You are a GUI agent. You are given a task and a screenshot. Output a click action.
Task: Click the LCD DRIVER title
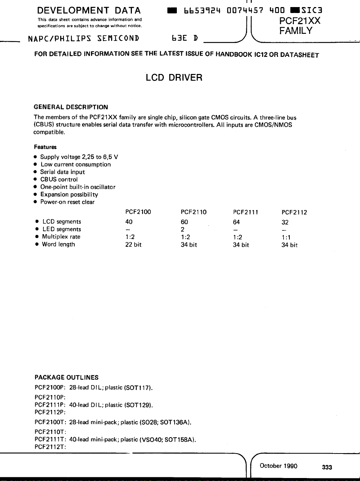[x=174, y=78]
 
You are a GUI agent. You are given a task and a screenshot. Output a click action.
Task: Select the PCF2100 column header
[x=138, y=212]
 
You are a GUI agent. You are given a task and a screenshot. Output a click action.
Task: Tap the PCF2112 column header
[x=294, y=213]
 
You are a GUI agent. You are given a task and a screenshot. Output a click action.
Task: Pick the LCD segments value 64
[x=236, y=222]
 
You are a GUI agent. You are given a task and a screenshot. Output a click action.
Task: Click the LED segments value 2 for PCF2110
[x=182, y=229]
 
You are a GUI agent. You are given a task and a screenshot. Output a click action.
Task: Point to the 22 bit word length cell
[x=133, y=245]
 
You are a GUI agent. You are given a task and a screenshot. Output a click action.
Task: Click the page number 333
[x=327, y=467]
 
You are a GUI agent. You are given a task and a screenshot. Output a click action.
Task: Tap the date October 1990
[x=279, y=466]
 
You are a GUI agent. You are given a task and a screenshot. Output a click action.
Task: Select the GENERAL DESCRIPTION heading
[x=71, y=107]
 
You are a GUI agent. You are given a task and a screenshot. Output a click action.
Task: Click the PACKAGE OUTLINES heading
[x=67, y=377]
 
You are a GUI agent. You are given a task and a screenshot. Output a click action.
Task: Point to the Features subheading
[x=45, y=147]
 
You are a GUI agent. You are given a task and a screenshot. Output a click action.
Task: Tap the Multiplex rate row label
[x=61, y=237]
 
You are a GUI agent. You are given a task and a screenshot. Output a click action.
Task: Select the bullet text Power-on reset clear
[x=67, y=202]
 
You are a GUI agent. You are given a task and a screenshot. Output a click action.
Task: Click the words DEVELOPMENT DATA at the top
[x=89, y=10]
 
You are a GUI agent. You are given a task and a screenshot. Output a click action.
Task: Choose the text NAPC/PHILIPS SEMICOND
[x=84, y=38]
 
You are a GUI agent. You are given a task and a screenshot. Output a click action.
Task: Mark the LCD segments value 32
[x=285, y=222]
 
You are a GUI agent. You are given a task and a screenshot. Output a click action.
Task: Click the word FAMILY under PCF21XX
[x=296, y=31]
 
